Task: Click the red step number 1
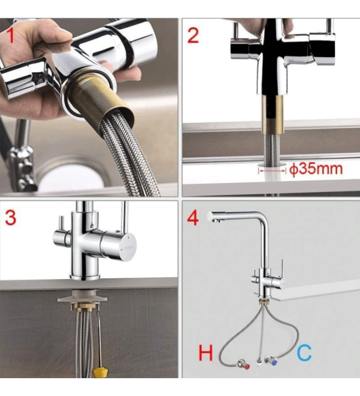[x=10, y=36]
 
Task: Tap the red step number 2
[x=193, y=36]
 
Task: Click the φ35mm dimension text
[x=316, y=169]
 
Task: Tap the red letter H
[x=206, y=353]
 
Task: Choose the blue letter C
[x=304, y=353]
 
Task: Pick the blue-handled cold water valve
[x=270, y=360]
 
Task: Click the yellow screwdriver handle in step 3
[x=100, y=373]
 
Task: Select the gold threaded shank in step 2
[x=271, y=114]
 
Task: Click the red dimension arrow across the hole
[x=272, y=171]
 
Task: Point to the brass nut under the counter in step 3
[x=83, y=308]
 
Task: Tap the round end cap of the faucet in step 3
[x=128, y=247]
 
